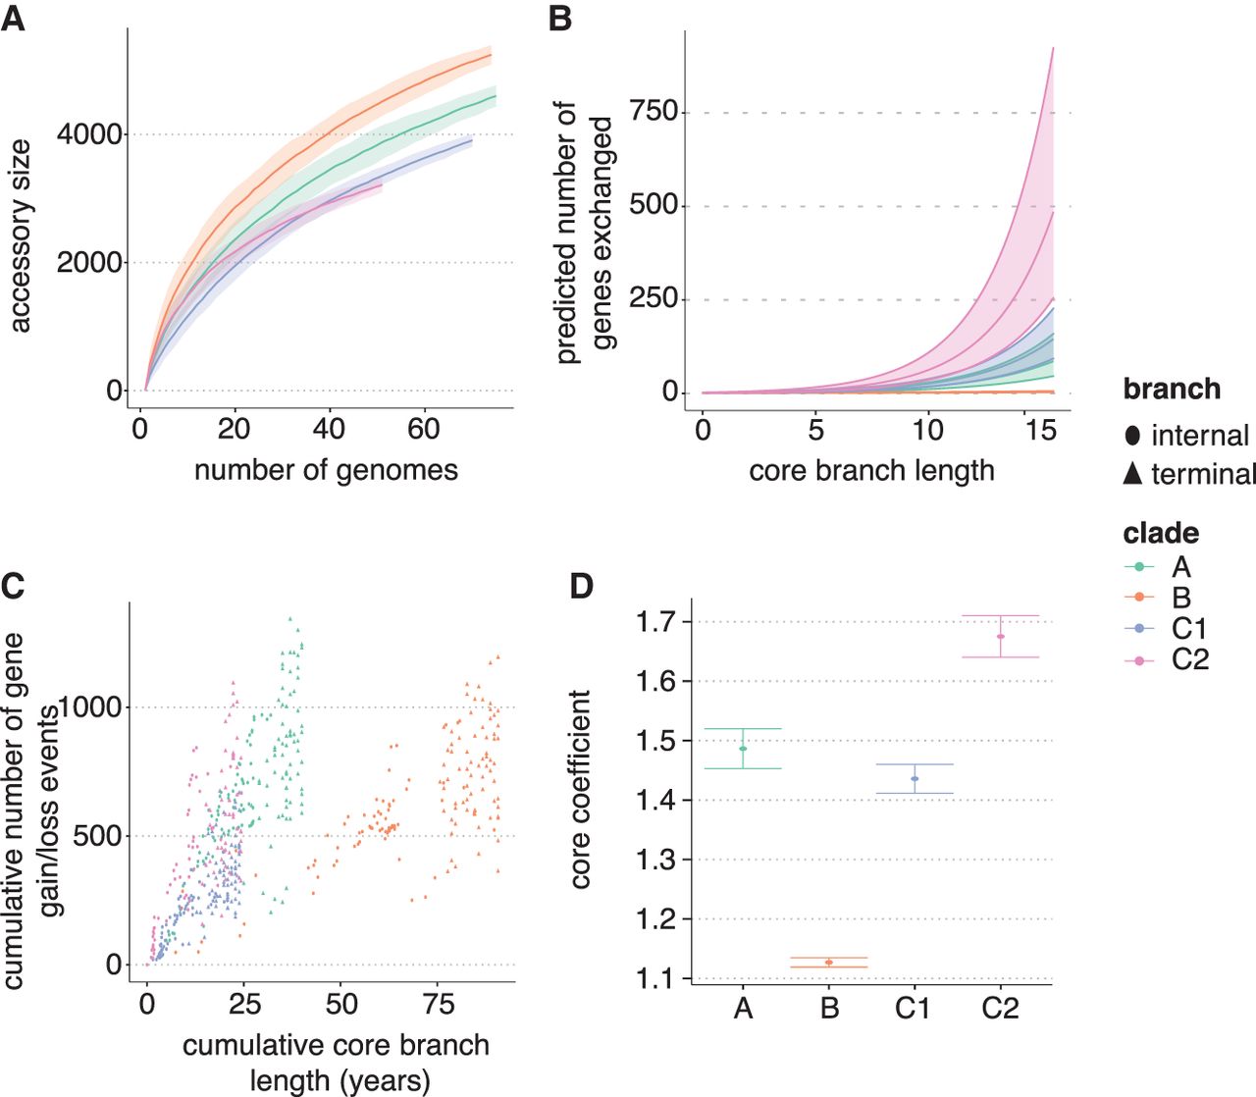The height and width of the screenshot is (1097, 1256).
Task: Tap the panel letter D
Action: click(x=582, y=586)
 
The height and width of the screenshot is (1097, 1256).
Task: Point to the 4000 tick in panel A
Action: click(x=90, y=134)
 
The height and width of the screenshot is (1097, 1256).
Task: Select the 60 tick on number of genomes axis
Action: click(x=424, y=428)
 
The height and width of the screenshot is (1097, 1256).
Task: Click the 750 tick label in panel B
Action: click(x=654, y=112)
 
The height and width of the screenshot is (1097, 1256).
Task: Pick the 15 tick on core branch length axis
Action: click(x=1040, y=429)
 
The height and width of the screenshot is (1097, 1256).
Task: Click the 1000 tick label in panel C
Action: click(x=90, y=706)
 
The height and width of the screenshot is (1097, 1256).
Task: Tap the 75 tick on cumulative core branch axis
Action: click(x=439, y=1004)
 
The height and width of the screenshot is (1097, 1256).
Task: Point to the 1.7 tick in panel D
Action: click(x=656, y=621)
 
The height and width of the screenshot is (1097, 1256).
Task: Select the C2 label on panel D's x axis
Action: click(x=1000, y=1008)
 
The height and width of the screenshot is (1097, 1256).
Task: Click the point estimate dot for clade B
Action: click(x=829, y=963)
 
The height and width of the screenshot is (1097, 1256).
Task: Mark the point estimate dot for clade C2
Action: click(x=1001, y=637)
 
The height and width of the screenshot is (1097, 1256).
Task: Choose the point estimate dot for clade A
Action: click(x=743, y=749)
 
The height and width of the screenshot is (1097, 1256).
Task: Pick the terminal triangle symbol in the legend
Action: click(x=1133, y=474)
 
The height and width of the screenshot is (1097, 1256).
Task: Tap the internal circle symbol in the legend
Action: click(x=1133, y=436)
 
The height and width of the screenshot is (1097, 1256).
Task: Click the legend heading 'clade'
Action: click(x=1161, y=534)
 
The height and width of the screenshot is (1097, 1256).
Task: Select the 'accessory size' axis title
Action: click(x=20, y=235)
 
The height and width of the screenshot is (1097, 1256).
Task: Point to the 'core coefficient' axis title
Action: click(x=581, y=789)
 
